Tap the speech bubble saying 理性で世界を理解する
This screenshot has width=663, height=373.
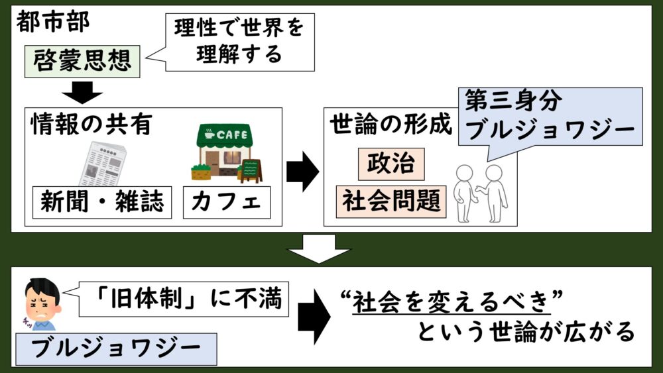click(239, 42)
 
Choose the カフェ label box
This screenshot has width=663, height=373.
click(227, 201)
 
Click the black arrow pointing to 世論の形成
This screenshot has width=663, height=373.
click(302, 171)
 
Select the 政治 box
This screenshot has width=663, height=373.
click(391, 163)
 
